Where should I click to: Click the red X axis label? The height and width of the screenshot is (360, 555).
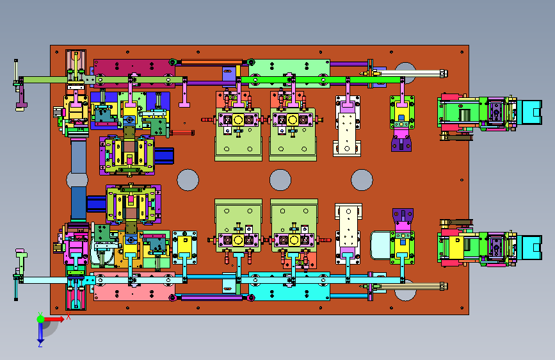tap(68, 316)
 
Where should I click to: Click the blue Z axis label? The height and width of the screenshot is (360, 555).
tap(40, 344)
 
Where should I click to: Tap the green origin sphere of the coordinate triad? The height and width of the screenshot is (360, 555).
tap(41, 319)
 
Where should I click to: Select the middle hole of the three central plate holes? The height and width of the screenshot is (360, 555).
tap(280, 180)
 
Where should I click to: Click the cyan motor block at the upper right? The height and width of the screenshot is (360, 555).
tap(529, 112)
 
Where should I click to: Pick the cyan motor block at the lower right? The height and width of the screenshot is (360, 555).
tap(529, 247)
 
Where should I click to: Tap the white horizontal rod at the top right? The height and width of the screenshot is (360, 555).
tap(410, 74)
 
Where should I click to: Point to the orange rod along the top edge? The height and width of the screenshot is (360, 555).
tap(212, 62)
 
